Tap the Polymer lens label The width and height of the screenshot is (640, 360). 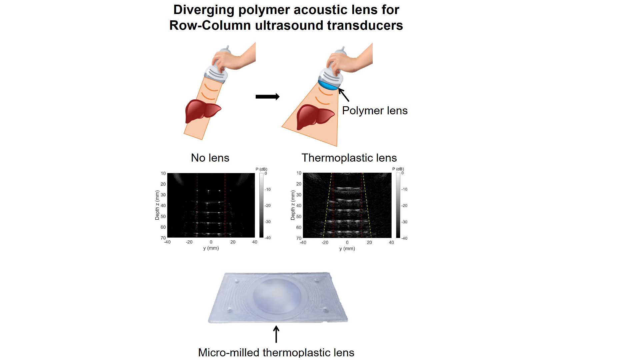375,111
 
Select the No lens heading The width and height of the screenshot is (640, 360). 210,158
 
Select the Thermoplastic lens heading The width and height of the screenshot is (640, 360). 349,158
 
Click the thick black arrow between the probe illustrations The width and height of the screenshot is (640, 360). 268,97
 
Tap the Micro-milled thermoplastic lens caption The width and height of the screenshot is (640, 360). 276,352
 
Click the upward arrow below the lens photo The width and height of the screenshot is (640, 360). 276,334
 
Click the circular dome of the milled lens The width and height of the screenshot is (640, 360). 277,295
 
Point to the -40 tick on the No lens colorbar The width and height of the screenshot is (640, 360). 268,238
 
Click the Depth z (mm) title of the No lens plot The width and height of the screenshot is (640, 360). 157,205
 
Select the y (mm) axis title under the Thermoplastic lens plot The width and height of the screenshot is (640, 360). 347,248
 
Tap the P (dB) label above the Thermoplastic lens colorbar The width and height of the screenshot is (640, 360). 398,169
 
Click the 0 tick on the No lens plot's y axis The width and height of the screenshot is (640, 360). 211,242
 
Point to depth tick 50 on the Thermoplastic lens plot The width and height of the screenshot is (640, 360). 299,216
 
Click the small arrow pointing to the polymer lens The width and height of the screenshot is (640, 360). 344,95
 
